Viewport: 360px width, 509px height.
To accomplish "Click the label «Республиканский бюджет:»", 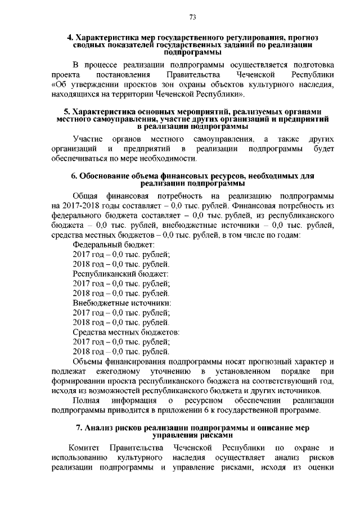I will pyautogui.click(x=121, y=273).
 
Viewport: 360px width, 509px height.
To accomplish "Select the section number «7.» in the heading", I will pyautogui.click(x=79, y=429).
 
